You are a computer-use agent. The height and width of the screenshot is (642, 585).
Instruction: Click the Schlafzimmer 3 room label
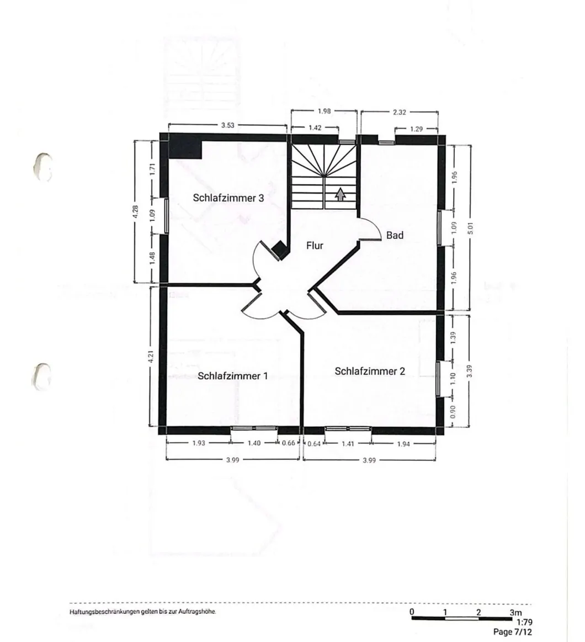(x=228, y=198)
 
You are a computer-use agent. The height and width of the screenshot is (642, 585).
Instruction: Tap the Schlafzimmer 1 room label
(x=232, y=376)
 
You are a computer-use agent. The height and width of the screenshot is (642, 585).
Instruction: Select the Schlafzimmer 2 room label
(x=370, y=371)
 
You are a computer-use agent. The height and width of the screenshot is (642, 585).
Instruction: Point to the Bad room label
(x=395, y=235)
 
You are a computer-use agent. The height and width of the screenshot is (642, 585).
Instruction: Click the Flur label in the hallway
(x=315, y=246)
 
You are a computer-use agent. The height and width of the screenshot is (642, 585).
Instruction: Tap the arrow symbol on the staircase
(x=340, y=194)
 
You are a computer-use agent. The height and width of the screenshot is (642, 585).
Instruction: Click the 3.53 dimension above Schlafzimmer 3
(x=227, y=125)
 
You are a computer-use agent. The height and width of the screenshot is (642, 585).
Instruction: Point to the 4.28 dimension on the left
(x=136, y=212)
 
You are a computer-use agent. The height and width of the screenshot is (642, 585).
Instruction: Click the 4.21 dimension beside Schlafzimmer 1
(x=150, y=356)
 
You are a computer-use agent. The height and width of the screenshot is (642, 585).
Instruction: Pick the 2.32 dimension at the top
(x=400, y=112)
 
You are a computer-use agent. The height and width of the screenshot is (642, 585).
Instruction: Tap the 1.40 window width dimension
(x=253, y=443)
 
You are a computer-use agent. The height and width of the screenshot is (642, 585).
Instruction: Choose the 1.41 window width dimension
(x=348, y=443)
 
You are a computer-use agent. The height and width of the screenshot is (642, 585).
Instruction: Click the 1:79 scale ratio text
(x=524, y=622)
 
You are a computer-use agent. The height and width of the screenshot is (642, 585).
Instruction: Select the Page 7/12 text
(x=513, y=632)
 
